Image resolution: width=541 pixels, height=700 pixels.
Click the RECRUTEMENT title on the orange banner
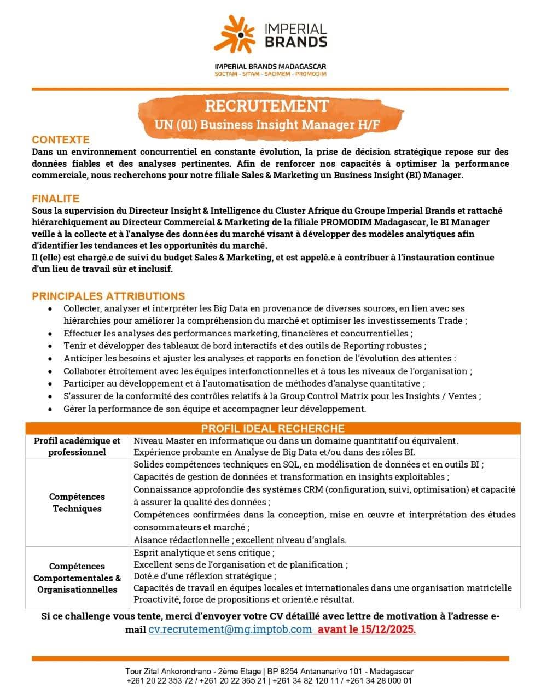[267, 106]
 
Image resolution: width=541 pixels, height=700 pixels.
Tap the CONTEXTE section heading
[61, 139]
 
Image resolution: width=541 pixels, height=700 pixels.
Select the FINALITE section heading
[55, 199]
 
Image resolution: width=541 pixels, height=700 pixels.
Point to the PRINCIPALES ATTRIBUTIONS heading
[108, 296]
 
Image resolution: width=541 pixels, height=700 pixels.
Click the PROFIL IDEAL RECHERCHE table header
[272, 428]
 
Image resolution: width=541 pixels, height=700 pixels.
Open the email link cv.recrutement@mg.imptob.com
[230, 629]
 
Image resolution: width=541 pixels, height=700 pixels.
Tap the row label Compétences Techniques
[77, 503]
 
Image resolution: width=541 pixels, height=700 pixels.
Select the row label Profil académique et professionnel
[77, 446]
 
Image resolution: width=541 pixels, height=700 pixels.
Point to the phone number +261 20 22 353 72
[159, 681]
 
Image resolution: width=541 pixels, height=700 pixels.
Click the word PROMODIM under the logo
[311, 74]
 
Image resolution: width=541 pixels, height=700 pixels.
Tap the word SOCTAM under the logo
[226, 74]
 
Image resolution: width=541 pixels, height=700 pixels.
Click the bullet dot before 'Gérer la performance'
[50, 409]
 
